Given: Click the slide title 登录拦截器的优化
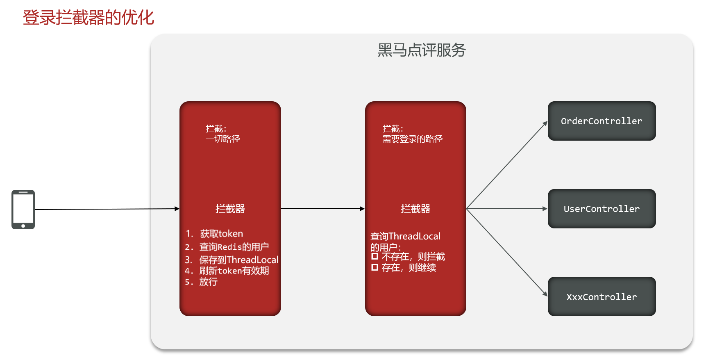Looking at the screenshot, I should [x=88, y=18].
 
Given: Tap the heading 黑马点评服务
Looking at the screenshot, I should [x=421, y=50].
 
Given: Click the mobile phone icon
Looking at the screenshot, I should [x=23, y=209].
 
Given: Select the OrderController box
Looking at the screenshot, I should [x=602, y=121].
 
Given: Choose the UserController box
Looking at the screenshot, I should [x=602, y=209].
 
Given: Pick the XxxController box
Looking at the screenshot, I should [x=602, y=296].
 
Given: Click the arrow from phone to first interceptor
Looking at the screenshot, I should [x=107, y=209].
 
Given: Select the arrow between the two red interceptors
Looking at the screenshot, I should [x=323, y=209].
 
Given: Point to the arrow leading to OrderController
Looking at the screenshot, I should [x=507, y=165].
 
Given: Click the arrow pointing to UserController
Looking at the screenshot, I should [x=507, y=209].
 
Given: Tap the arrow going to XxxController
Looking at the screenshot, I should [x=507, y=252].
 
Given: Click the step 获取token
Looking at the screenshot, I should [x=221, y=234].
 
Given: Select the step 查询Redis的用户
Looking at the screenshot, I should [x=234, y=247].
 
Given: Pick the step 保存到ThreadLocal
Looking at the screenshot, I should [x=238, y=260].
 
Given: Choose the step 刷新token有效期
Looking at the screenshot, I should [x=234, y=271].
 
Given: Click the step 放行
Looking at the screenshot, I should [x=208, y=282].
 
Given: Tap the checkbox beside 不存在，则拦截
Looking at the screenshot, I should [x=375, y=257].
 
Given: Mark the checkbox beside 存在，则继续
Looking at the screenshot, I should [x=375, y=268].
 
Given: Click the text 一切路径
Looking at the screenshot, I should [x=223, y=139].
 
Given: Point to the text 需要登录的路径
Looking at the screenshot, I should [x=412, y=139].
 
